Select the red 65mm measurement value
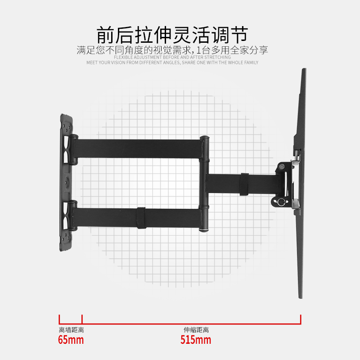[71, 340]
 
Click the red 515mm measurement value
[196, 340]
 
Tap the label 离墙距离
[71, 330]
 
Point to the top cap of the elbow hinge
[204, 137]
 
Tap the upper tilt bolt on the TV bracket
[282, 166]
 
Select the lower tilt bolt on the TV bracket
[282, 202]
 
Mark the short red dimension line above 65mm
[71, 320]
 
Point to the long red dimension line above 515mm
[191, 320]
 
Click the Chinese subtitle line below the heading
[172, 50]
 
